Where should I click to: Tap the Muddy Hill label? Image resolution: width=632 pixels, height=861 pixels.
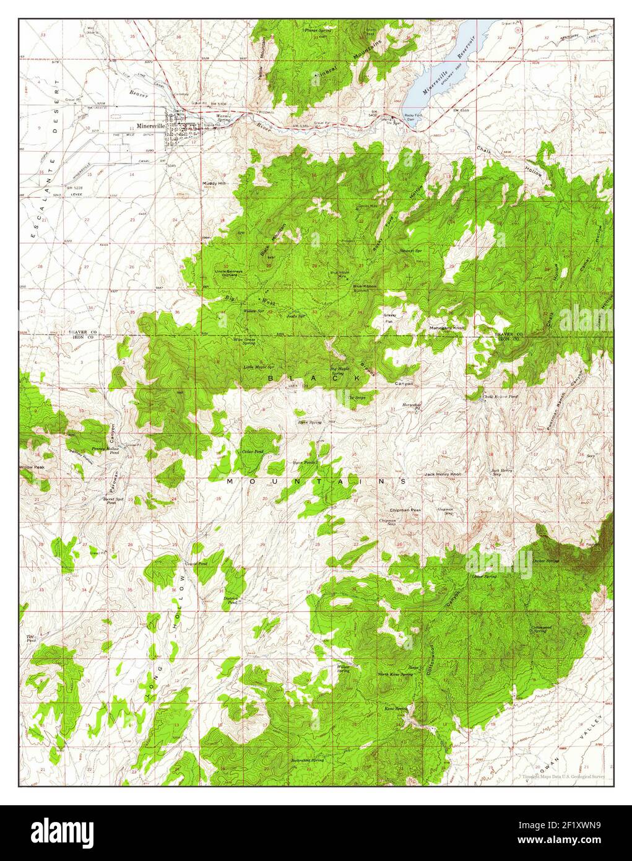tap(214, 183)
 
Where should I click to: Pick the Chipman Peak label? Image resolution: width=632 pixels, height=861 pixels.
tap(405, 510)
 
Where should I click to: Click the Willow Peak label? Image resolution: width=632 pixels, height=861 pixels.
tap(32, 466)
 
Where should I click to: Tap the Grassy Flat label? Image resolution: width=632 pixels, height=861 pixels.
tap(389, 318)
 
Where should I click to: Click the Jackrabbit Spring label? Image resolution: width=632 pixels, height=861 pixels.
tap(308, 759)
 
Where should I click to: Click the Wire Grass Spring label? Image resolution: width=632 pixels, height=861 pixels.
tap(244, 341)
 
